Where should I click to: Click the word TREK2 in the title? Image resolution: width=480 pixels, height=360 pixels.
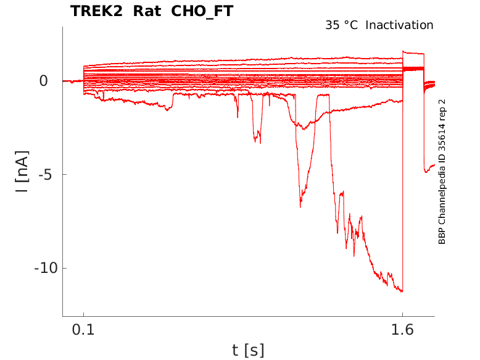tap(96, 11)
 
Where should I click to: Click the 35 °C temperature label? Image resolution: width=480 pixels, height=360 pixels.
tap(341, 25)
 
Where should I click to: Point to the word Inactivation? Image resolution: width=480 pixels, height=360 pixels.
tap(399, 25)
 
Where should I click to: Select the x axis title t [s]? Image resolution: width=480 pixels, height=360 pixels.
tap(248, 350)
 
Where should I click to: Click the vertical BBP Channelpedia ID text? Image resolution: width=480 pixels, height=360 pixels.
tap(442, 172)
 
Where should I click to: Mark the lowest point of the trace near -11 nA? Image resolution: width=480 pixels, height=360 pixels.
tap(402, 291)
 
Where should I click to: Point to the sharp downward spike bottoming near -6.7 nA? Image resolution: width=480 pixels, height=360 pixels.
tap(300, 206)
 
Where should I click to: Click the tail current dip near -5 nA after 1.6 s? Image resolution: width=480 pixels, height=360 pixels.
tap(426, 172)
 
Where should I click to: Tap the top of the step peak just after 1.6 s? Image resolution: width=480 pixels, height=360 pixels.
tap(404, 52)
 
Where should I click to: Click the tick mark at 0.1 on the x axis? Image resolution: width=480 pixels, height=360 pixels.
tap(83, 315)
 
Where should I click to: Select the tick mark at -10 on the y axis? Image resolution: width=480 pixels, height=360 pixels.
tap(64, 268)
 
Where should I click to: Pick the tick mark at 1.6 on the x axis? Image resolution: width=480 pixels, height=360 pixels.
tap(402, 315)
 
